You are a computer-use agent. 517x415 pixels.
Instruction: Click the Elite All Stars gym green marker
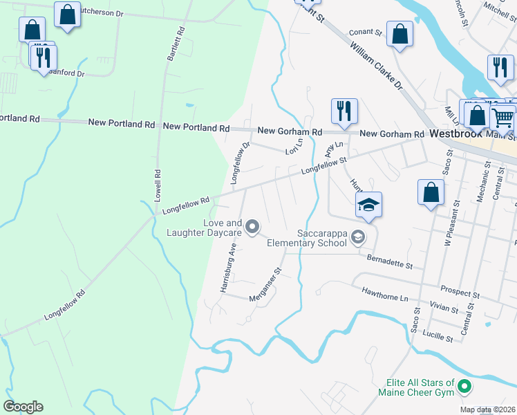(x=464, y=387)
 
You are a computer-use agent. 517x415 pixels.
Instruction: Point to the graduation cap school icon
(x=368, y=204)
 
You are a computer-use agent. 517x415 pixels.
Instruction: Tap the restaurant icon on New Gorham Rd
(x=344, y=111)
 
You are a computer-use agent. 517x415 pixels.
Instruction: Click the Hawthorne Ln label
(x=385, y=295)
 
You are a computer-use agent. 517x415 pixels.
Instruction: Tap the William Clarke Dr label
(x=376, y=67)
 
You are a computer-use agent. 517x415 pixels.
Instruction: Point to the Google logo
(x=23, y=407)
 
